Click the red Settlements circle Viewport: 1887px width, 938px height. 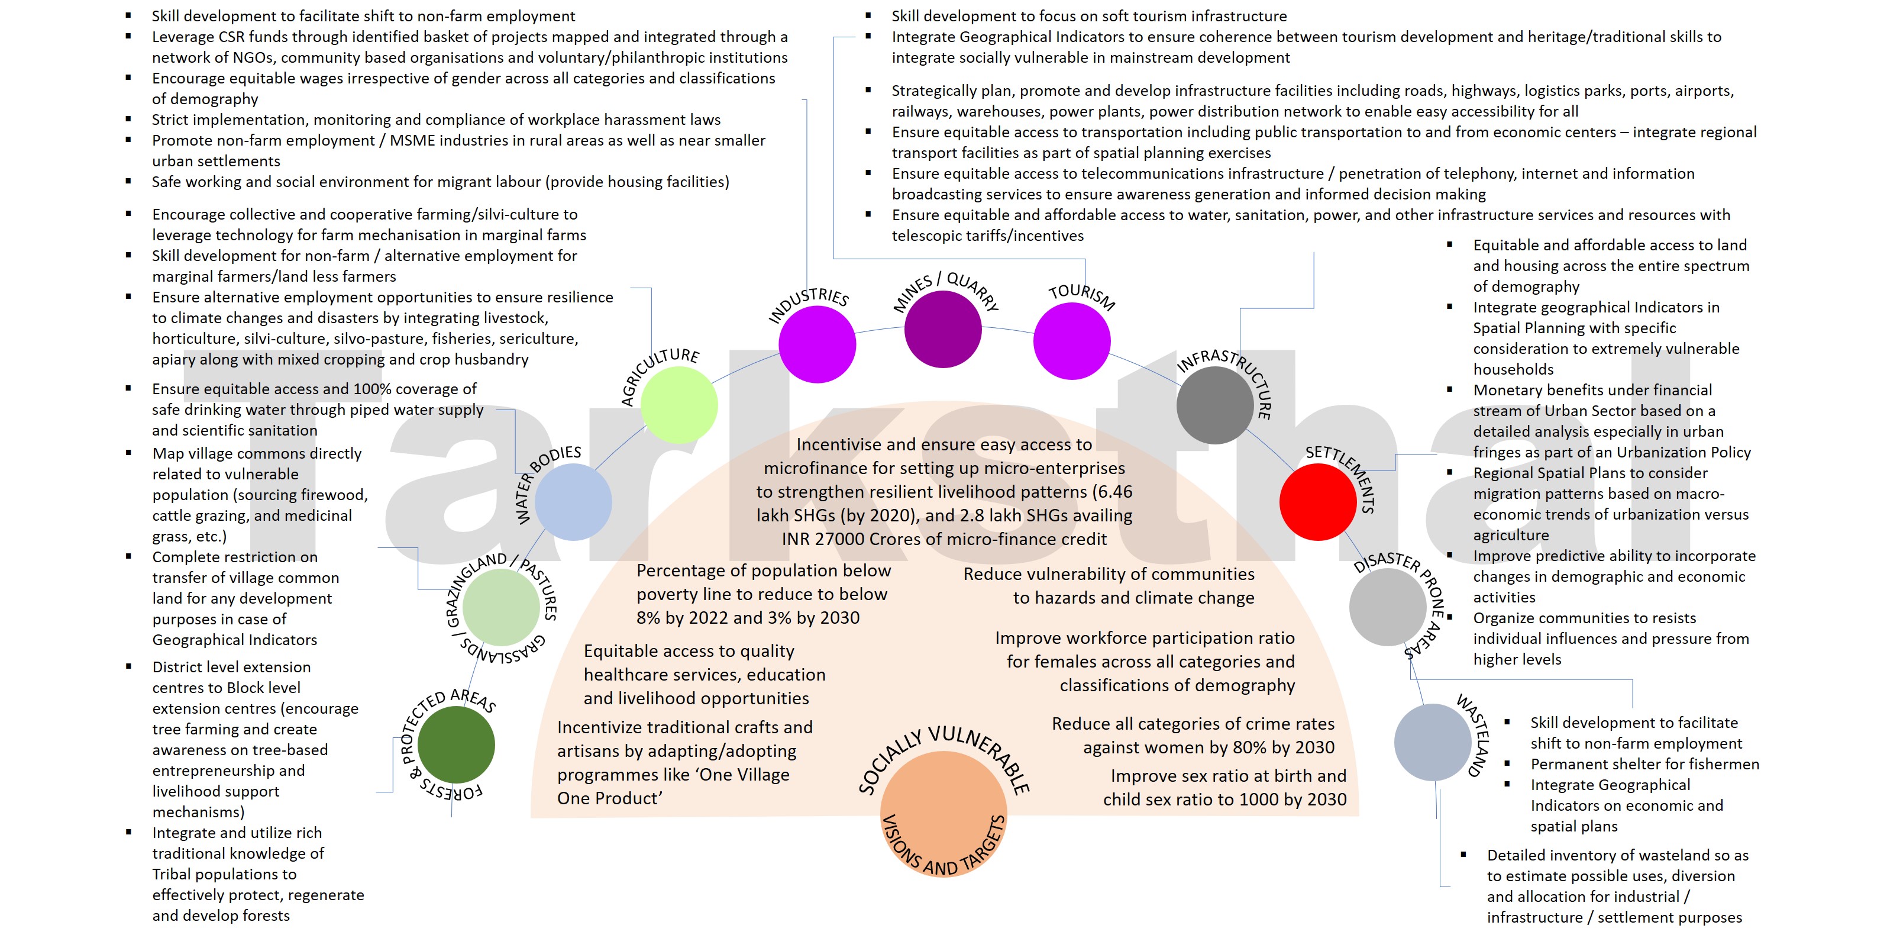(x=1317, y=502)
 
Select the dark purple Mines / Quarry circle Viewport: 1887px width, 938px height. (x=943, y=329)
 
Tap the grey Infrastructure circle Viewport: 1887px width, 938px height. (x=1214, y=405)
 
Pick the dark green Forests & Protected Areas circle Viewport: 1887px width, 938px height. (x=455, y=744)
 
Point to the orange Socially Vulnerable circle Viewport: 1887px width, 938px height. (x=943, y=813)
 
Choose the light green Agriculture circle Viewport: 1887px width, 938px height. (x=679, y=405)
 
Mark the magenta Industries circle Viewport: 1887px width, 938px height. (x=817, y=344)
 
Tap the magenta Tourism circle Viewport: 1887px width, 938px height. (x=1072, y=341)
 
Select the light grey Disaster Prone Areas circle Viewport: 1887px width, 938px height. (x=1387, y=607)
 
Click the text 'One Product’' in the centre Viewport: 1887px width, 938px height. (x=609, y=798)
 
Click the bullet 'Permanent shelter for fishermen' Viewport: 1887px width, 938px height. (x=1644, y=765)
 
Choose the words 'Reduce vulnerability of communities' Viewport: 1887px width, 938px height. (x=1109, y=574)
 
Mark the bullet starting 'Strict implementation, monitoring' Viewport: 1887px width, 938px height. (x=436, y=120)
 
